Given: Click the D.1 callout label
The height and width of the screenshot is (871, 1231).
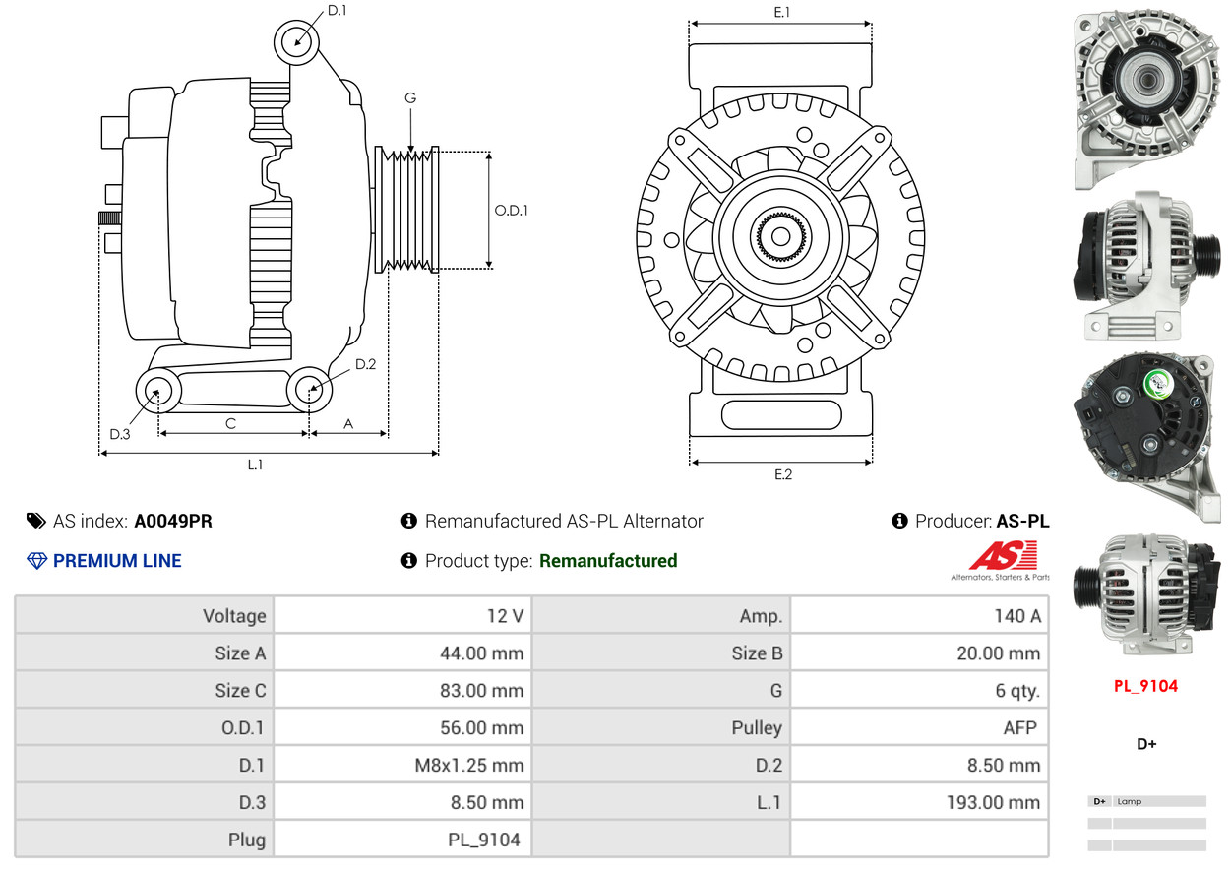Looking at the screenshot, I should coord(337,10).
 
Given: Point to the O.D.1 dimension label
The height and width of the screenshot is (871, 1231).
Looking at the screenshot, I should coord(511,210).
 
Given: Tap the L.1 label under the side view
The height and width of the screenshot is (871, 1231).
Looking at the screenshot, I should coord(255,465).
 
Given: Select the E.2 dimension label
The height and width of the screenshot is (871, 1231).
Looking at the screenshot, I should coord(782,474).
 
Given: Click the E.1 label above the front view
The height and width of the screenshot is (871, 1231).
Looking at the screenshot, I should coord(782,12).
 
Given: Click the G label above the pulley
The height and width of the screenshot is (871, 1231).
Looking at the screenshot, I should coord(410,97).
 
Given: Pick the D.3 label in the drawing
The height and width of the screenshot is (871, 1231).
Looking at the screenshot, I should coord(120,434).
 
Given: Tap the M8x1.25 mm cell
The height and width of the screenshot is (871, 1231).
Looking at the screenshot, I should coord(469,765).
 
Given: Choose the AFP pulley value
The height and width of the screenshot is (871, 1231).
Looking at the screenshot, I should coord(1019,727).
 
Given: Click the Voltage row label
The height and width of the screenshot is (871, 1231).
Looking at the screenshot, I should coord(234,616).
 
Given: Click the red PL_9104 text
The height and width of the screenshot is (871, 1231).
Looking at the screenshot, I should coord(1145,686).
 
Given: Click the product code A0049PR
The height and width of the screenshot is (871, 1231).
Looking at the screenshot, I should coord(173,521).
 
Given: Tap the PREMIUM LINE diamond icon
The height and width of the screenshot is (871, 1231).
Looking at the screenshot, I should coord(36,561).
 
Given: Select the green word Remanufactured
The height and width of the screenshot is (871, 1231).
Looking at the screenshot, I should coord(608,561).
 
